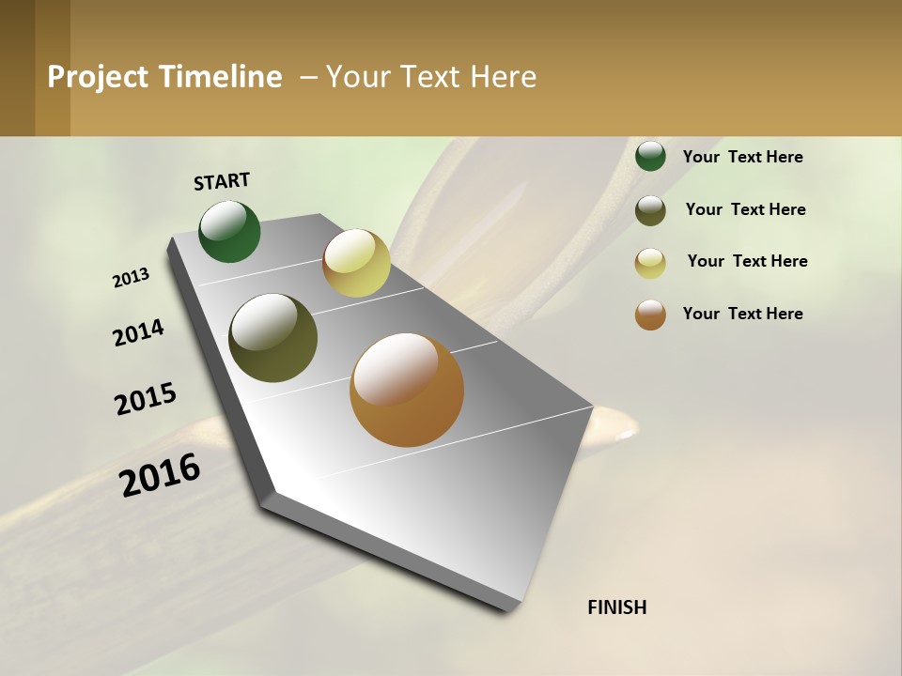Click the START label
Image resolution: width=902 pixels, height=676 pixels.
point(222,181)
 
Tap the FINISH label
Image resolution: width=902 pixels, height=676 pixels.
point(616,607)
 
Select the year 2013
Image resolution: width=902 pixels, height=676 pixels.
point(132,277)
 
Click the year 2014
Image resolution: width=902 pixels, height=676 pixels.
point(139,332)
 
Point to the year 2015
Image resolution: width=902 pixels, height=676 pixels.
point(146,399)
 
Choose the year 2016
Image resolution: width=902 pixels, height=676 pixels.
point(161,474)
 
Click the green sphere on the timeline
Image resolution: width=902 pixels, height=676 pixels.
point(230,232)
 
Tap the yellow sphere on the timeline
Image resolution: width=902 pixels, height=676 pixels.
point(356,263)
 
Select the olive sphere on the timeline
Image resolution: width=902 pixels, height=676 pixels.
point(273,338)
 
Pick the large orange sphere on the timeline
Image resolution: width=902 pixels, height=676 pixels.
point(407,390)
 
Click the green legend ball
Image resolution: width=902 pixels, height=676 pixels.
point(650,156)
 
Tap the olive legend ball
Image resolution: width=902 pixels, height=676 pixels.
point(650,210)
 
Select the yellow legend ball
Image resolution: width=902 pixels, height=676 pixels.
point(650,263)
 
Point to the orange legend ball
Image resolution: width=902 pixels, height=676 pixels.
point(650,315)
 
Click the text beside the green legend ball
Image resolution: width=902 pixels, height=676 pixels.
point(742,157)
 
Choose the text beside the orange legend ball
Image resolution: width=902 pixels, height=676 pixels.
point(742,314)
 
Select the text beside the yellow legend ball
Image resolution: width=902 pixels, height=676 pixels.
point(747,261)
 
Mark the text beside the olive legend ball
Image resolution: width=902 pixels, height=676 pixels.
point(745,209)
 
